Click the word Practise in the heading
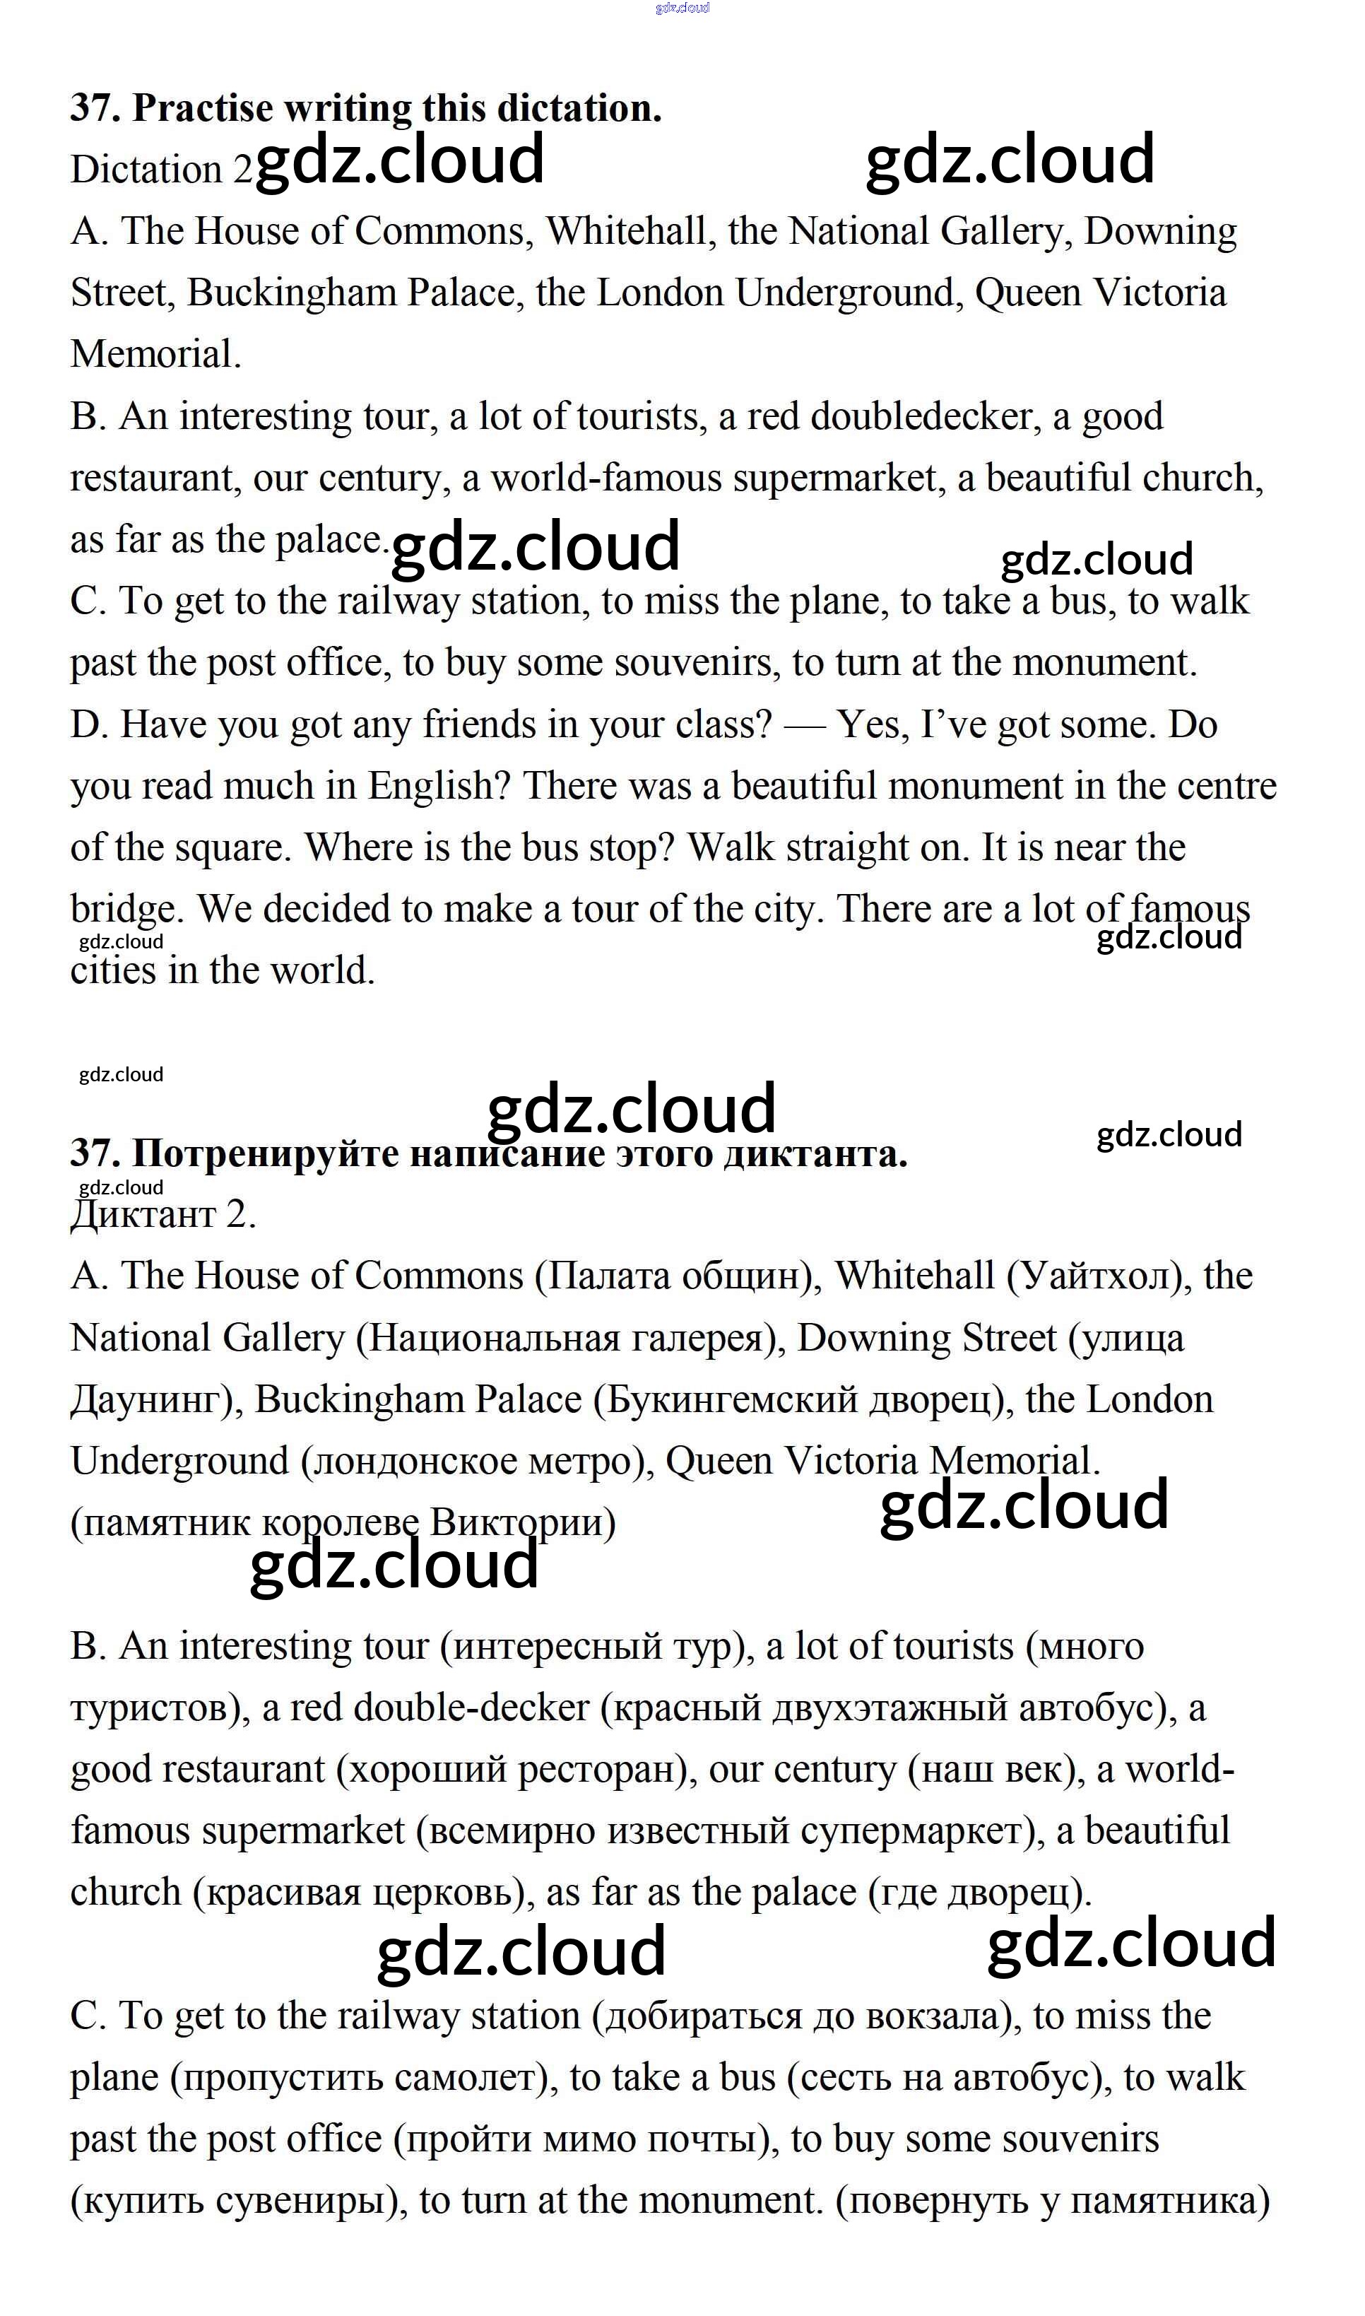point(202,109)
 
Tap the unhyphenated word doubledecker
point(921,417)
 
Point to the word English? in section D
point(439,787)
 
